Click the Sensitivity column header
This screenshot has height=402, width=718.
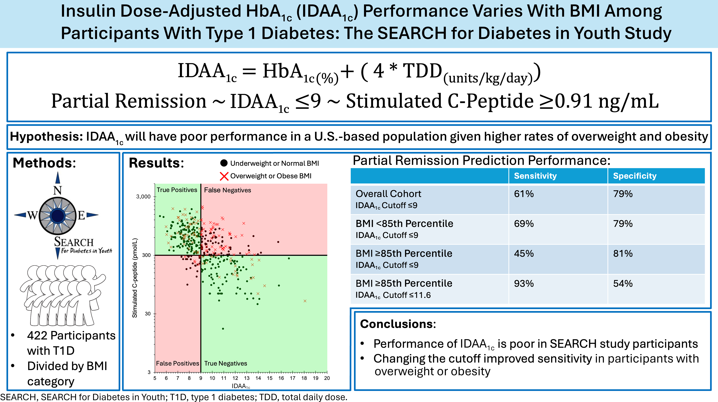coord(535,176)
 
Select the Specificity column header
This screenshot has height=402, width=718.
coord(635,176)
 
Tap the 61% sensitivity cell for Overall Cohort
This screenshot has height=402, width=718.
coord(524,194)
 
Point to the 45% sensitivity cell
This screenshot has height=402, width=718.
coord(524,253)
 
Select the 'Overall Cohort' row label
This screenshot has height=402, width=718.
coord(388,194)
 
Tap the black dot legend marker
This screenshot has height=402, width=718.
coord(224,163)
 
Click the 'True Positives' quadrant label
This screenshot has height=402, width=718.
coord(177,190)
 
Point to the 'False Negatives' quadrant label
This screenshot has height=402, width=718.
coord(227,190)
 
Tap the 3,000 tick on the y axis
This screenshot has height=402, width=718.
coord(143,197)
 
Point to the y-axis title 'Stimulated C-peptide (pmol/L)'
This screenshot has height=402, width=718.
coord(135,278)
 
